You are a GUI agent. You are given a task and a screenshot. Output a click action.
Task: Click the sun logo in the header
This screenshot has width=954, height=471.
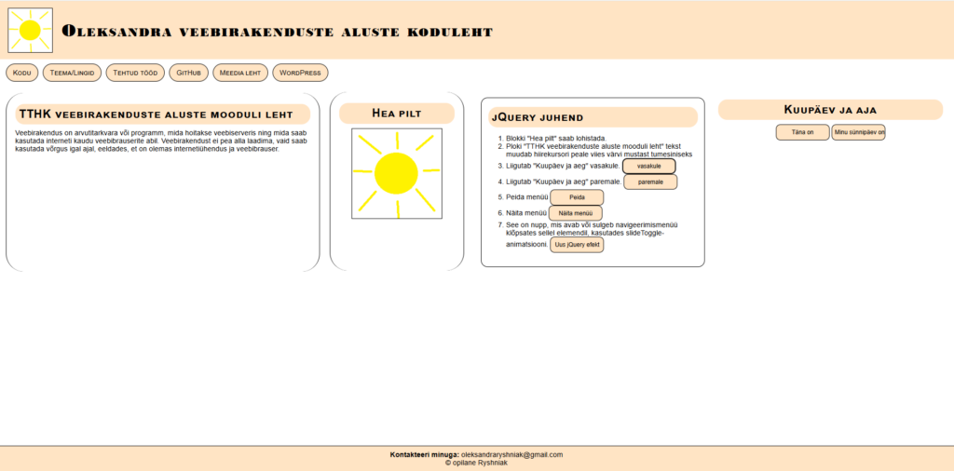[x=30, y=31]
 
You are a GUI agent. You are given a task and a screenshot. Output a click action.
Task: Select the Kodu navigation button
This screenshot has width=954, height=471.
[x=22, y=72]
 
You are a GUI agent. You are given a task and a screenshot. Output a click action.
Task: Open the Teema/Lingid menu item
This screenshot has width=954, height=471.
[x=71, y=72]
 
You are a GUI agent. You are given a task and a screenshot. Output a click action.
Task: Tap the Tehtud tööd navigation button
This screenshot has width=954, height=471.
[x=137, y=72]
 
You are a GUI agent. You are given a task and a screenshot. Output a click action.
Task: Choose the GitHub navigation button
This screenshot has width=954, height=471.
[x=189, y=72]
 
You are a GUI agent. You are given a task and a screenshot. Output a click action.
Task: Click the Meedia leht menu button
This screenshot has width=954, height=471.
[x=240, y=72]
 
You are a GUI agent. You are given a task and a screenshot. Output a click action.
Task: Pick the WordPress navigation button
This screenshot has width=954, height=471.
[x=300, y=72]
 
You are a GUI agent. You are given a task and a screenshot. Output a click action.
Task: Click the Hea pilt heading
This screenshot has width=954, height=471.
[x=397, y=114]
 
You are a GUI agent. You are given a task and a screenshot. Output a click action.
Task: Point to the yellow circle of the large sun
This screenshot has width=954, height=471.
[x=396, y=173]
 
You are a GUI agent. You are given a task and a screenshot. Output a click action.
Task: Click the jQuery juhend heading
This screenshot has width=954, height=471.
[x=537, y=117]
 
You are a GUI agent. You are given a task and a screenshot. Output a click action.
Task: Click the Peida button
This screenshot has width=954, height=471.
[x=577, y=197]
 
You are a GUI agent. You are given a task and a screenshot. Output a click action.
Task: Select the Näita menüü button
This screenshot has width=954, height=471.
[x=575, y=213]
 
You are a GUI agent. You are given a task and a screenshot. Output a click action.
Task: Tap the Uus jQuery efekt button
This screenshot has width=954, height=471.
[x=577, y=244]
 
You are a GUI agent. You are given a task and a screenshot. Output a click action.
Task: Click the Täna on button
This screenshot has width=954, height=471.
[x=802, y=132]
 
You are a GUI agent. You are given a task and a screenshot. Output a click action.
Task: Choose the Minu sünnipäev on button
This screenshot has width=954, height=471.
[x=858, y=132]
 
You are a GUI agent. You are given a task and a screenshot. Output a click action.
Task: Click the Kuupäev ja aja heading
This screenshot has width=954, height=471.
[x=830, y=110]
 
